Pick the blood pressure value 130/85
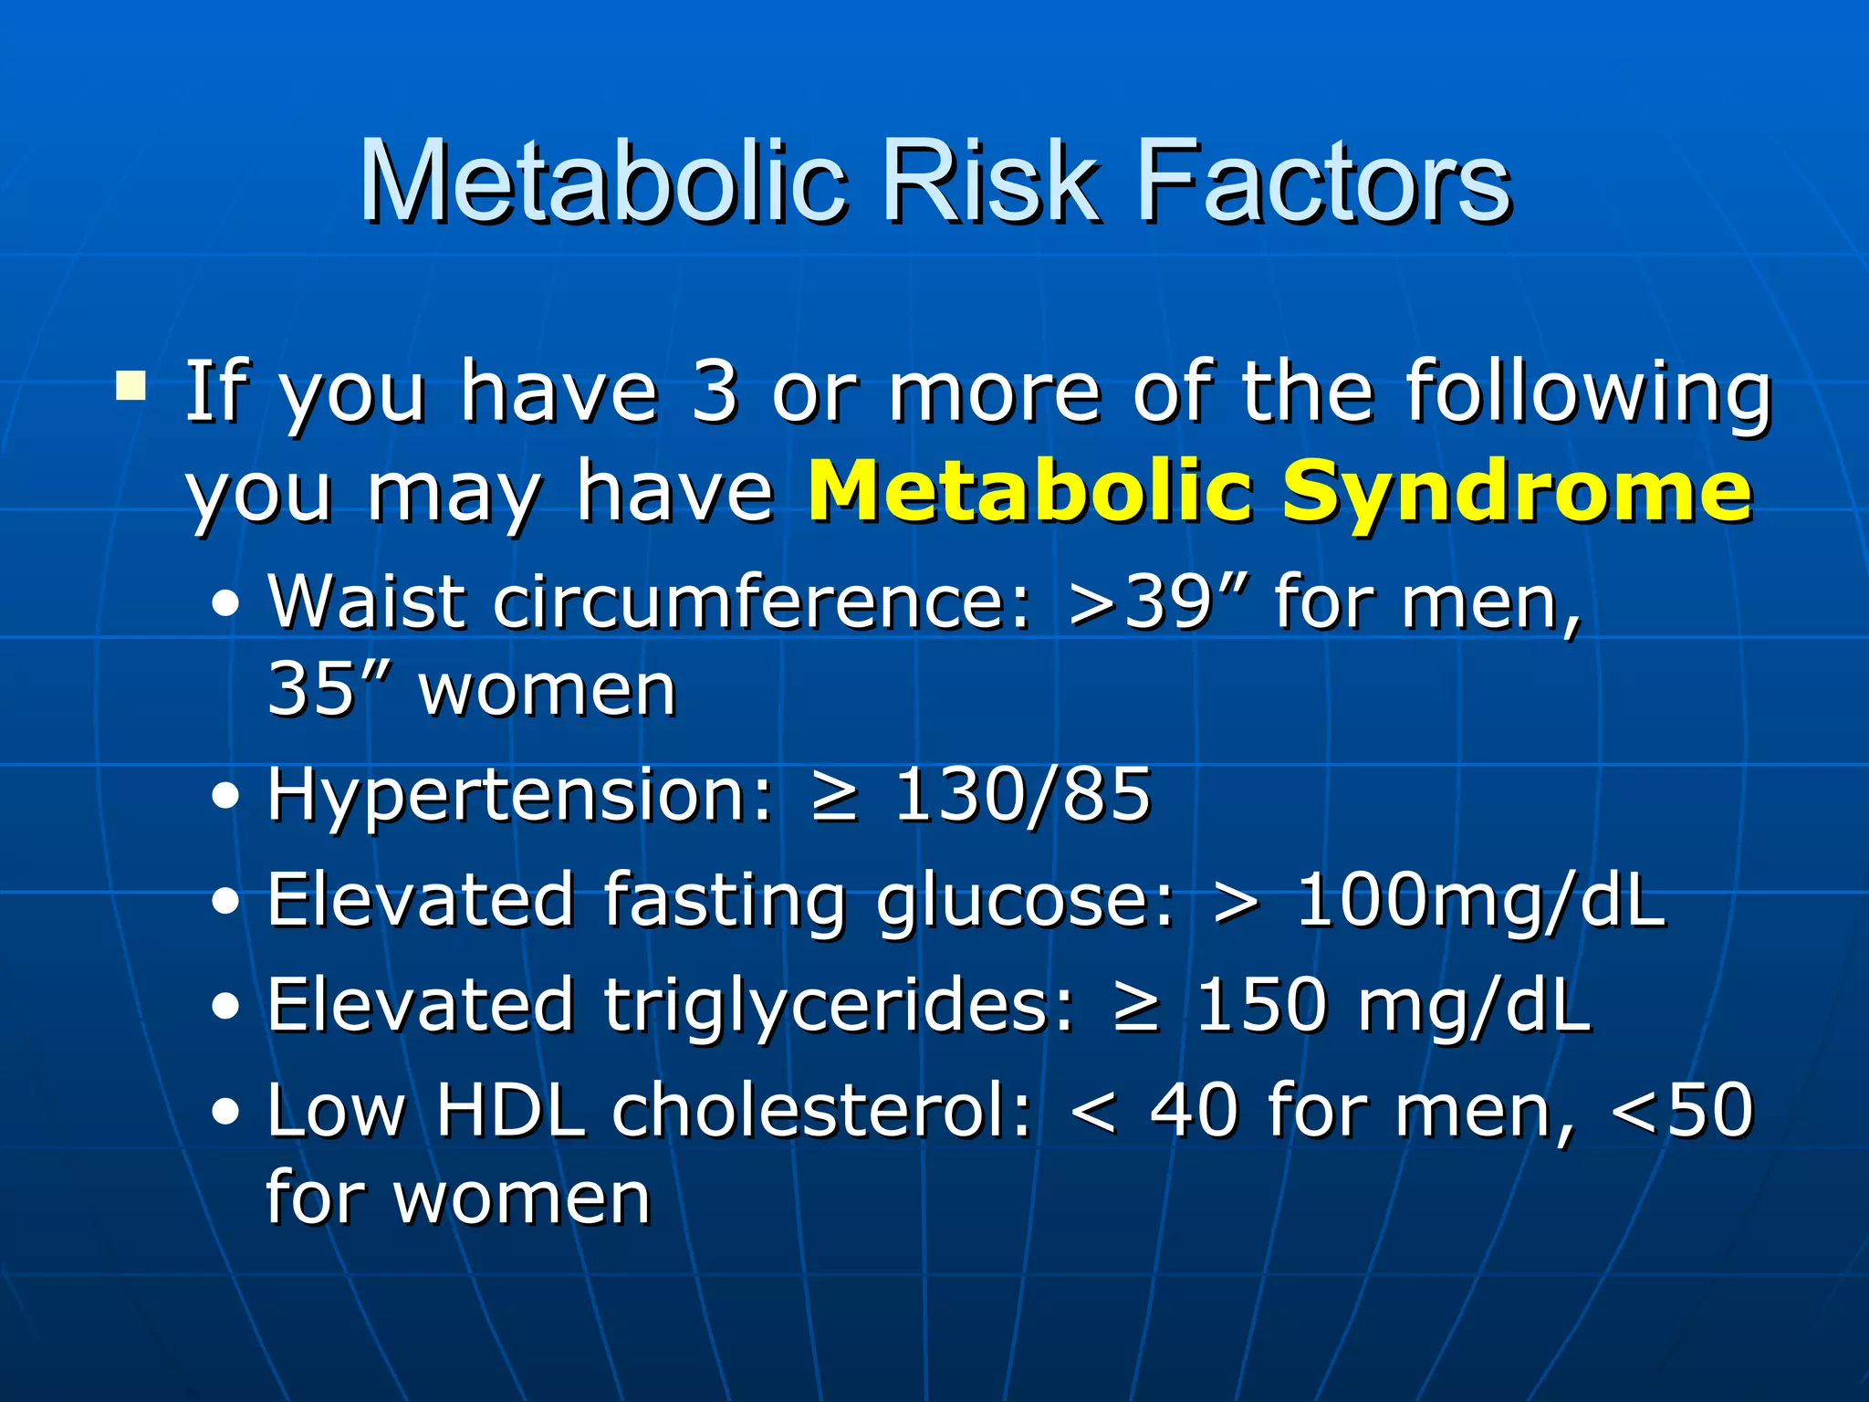pos(1022,795)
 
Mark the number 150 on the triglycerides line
pos(1259,1005)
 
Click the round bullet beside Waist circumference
pos(225,604)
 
